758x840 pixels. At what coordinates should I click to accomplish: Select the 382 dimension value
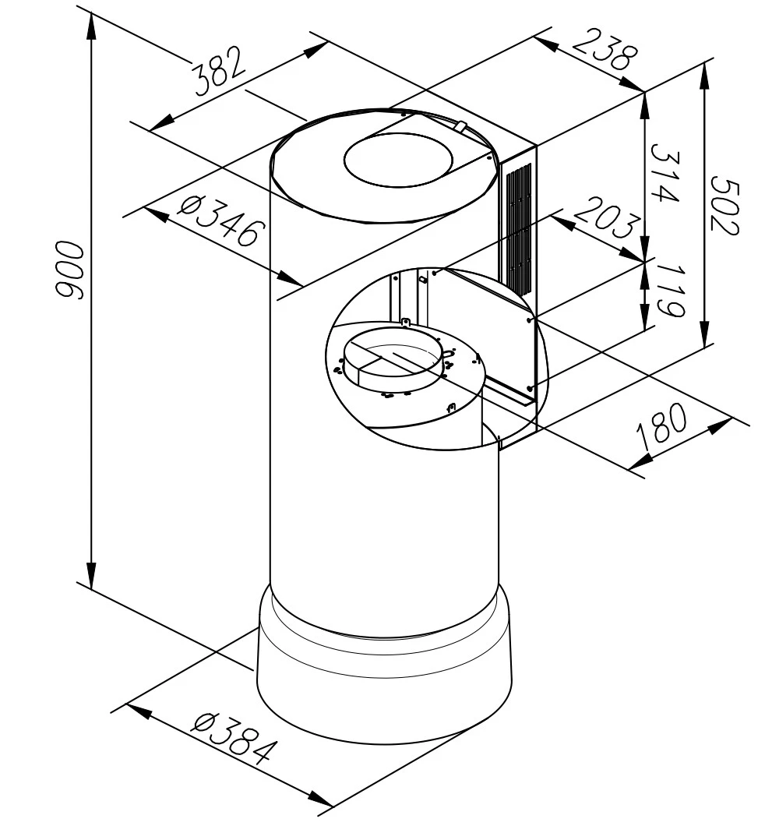pyautogui.click(x=220, y=71)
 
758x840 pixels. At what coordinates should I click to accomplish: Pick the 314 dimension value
pyautogui.click(x=665, y=173)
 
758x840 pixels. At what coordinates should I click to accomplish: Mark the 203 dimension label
pyautogui.click(x=607, y=217)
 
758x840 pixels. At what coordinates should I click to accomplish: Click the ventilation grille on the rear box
pyautogui.click(x=519, y=227)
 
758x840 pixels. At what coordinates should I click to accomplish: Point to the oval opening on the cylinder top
pyautogui.click(x=398, y=161)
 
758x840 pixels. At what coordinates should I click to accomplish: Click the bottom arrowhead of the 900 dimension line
pyautogui.click(x=92, y=576)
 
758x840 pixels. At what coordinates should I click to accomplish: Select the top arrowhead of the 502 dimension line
pyautogui.click(x=705, y=78)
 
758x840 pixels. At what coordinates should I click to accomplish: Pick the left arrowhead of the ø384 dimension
pyautogui.click(x=139, y=711)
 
